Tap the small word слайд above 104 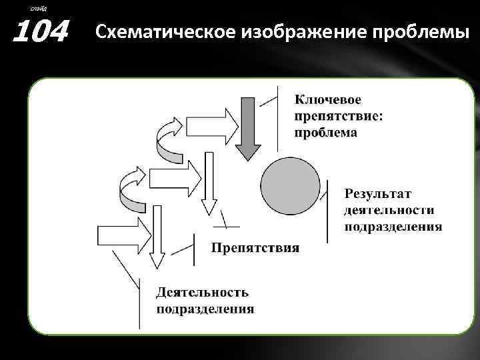(x=39, y=7)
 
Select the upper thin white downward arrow (x=209, y=180)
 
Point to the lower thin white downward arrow (x=157, y=237)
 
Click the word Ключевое (x=328, y=99)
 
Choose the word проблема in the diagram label (x=326, y=132)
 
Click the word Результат (x=378, y=193)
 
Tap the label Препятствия (x=255, y=249)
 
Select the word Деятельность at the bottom (x=203, y=292)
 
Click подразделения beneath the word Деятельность (x=205, y=309)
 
